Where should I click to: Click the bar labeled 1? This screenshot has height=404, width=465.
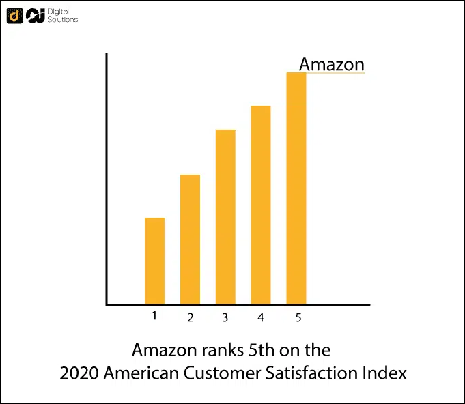click(x=155, y=261)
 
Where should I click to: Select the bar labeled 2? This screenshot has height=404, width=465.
click(x=190, y=240)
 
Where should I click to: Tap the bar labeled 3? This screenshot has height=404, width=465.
click(x=225, y=217)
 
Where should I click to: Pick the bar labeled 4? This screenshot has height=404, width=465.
click(x=261, y=205)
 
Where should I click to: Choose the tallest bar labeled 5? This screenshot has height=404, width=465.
click(x=296, y=188)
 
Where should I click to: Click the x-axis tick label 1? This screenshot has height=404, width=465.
click(x=154, y=315)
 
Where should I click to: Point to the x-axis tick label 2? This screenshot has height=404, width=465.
click(x=191, y=317)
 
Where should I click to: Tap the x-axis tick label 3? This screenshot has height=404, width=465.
click(x=225, y=317)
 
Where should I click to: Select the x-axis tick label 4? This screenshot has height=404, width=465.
click(x=261, y=317)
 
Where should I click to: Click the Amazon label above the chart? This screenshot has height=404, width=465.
click(x=332, y=64)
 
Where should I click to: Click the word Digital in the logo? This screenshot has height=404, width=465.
click(x=59, y=12)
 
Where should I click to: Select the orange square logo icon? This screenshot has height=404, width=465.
click(x=14, y=15)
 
